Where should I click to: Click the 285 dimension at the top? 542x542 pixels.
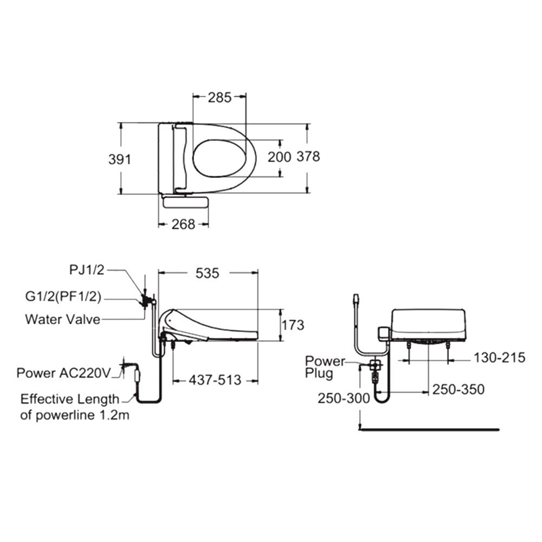220,98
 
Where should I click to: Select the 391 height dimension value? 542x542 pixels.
120,159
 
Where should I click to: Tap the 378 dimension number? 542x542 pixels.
308,157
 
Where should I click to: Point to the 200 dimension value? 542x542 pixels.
279,157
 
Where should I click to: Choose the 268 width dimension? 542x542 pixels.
184,225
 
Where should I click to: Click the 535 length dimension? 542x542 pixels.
208,273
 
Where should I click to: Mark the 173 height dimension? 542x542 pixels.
293,325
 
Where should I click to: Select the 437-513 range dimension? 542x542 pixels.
215,380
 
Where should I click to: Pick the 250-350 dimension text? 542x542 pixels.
459,390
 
